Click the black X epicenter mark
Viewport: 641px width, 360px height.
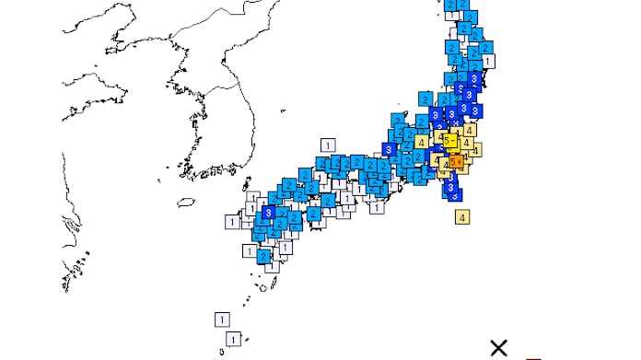pos(498,347)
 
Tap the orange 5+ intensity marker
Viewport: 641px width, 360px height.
pos(456,162)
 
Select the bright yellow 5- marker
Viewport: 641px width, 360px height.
pos(449,141)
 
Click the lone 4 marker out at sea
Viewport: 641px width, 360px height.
pos(462,217)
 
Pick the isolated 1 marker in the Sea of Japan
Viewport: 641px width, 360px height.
pos(327,145)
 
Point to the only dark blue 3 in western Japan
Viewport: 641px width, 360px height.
pos(268,213)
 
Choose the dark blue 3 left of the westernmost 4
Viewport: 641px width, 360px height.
pos(390,149)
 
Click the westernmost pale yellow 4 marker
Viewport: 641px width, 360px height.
pos(421,142)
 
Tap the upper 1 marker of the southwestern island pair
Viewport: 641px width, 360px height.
pos(221,319)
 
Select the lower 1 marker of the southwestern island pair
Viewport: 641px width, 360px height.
pos(233,339)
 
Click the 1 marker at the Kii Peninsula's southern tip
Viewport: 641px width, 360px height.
pos(377,208)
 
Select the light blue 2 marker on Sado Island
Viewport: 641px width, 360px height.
pos(425,98)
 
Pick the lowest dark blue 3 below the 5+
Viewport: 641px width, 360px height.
pos(451,194)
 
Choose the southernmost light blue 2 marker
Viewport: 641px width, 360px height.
pos(264,256)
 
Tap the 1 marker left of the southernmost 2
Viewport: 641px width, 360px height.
pos(250,250)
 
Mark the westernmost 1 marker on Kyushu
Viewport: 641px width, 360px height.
pos(232,222)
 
